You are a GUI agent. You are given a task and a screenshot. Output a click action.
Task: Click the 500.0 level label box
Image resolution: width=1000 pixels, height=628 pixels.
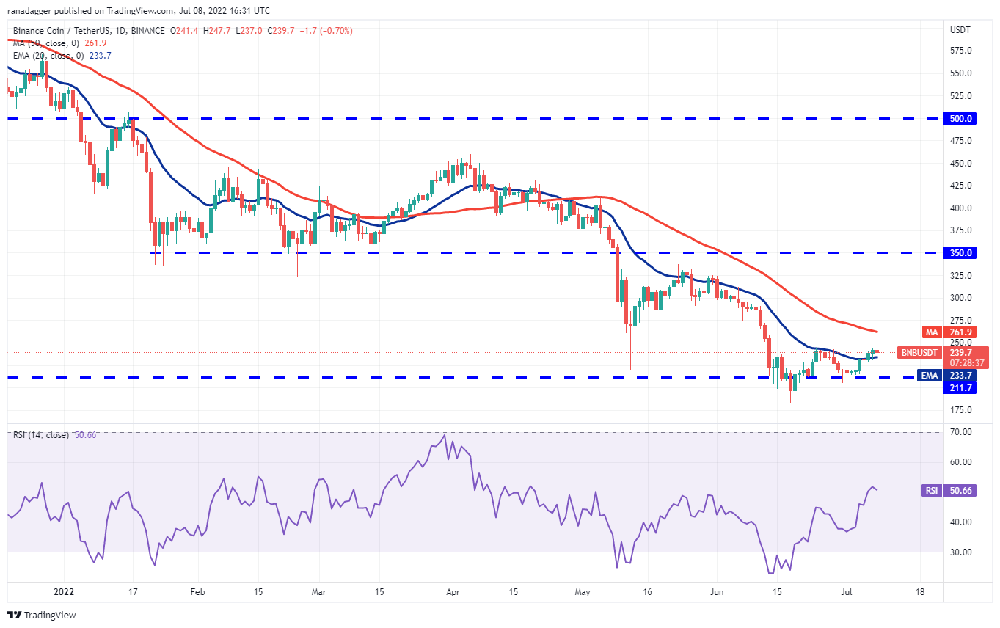click(960, 118)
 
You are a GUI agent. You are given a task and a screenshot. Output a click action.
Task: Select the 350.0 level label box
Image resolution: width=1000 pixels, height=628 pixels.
click(960, 252)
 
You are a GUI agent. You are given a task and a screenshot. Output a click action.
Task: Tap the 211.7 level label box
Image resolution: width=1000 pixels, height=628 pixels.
click(960, 387)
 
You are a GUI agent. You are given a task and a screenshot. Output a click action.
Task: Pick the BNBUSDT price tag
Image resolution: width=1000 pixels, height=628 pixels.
click(918, 352)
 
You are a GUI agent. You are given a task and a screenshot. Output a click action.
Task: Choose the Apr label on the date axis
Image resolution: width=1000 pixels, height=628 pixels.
click(453, 591)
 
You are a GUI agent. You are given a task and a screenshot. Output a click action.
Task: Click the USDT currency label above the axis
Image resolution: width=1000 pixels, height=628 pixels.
click(960, 30)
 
